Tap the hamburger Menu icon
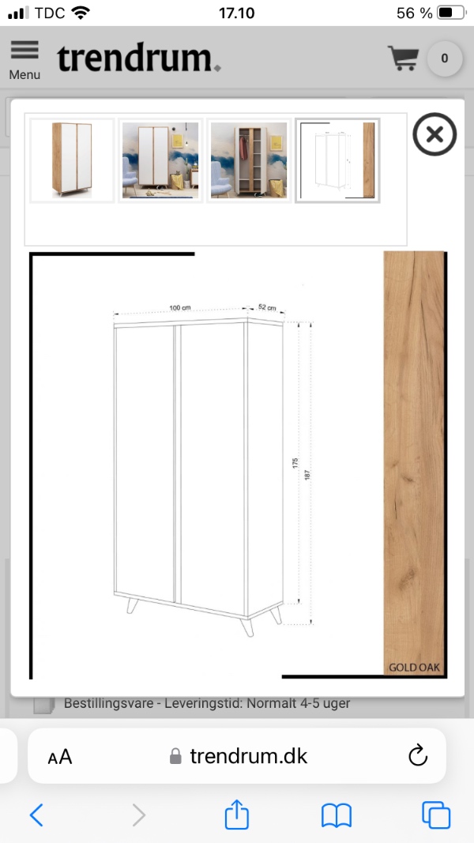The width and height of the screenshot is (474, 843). coord(24,50)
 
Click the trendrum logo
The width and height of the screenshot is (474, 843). coord(139,58)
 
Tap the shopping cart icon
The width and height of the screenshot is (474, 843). coord(403,58)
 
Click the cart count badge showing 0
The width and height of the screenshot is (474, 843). coord(445,58)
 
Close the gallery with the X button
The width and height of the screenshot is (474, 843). coord(434,134)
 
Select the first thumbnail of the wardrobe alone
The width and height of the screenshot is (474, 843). coord(72,160)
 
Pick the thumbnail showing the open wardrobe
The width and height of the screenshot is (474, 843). coord(249,160)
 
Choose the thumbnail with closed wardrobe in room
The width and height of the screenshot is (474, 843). coord(160,160)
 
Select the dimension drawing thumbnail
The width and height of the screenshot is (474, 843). coord(337,160)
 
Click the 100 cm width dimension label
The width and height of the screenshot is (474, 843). coord(180,308)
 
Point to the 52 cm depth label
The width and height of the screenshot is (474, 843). coord(267,307)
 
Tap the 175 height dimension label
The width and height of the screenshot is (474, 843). coord(295,463)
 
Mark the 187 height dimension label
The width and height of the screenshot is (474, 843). coord(307,475)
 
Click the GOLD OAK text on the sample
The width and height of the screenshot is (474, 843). coord(414,668)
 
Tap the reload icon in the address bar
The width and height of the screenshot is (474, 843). coord(418,755)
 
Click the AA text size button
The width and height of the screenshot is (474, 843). coord(60,757)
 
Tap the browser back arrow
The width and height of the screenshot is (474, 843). coord(36,815)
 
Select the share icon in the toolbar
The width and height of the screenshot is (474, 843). coord(236,814)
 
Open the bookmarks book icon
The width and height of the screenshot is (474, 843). coord(337,815)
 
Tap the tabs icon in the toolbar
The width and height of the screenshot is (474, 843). coord(436,815)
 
